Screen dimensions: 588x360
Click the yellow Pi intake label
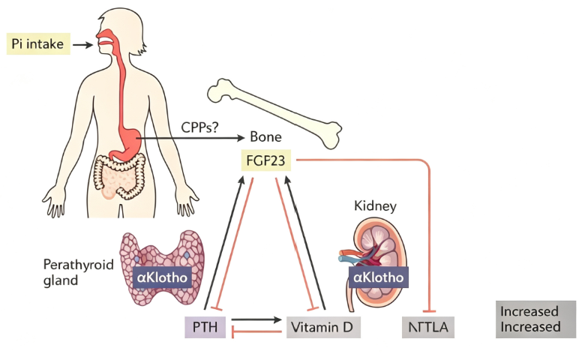38,43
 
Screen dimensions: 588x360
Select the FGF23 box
265,160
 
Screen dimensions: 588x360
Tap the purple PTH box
205,327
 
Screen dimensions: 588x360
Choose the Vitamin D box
323,327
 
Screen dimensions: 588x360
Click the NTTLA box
427,327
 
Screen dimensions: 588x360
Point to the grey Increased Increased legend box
535,319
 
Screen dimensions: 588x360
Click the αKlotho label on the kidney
378,277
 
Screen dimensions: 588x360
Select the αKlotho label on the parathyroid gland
162,277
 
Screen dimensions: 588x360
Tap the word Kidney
375,205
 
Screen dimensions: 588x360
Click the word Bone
265,136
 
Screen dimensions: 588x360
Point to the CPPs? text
199,127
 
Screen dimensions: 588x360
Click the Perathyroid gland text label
78,272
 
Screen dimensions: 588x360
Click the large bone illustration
274,113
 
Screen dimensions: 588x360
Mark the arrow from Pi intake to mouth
82,45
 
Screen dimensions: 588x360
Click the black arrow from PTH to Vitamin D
256,319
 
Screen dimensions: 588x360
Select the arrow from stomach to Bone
190,138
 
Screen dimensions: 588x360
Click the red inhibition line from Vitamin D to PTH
256,331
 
